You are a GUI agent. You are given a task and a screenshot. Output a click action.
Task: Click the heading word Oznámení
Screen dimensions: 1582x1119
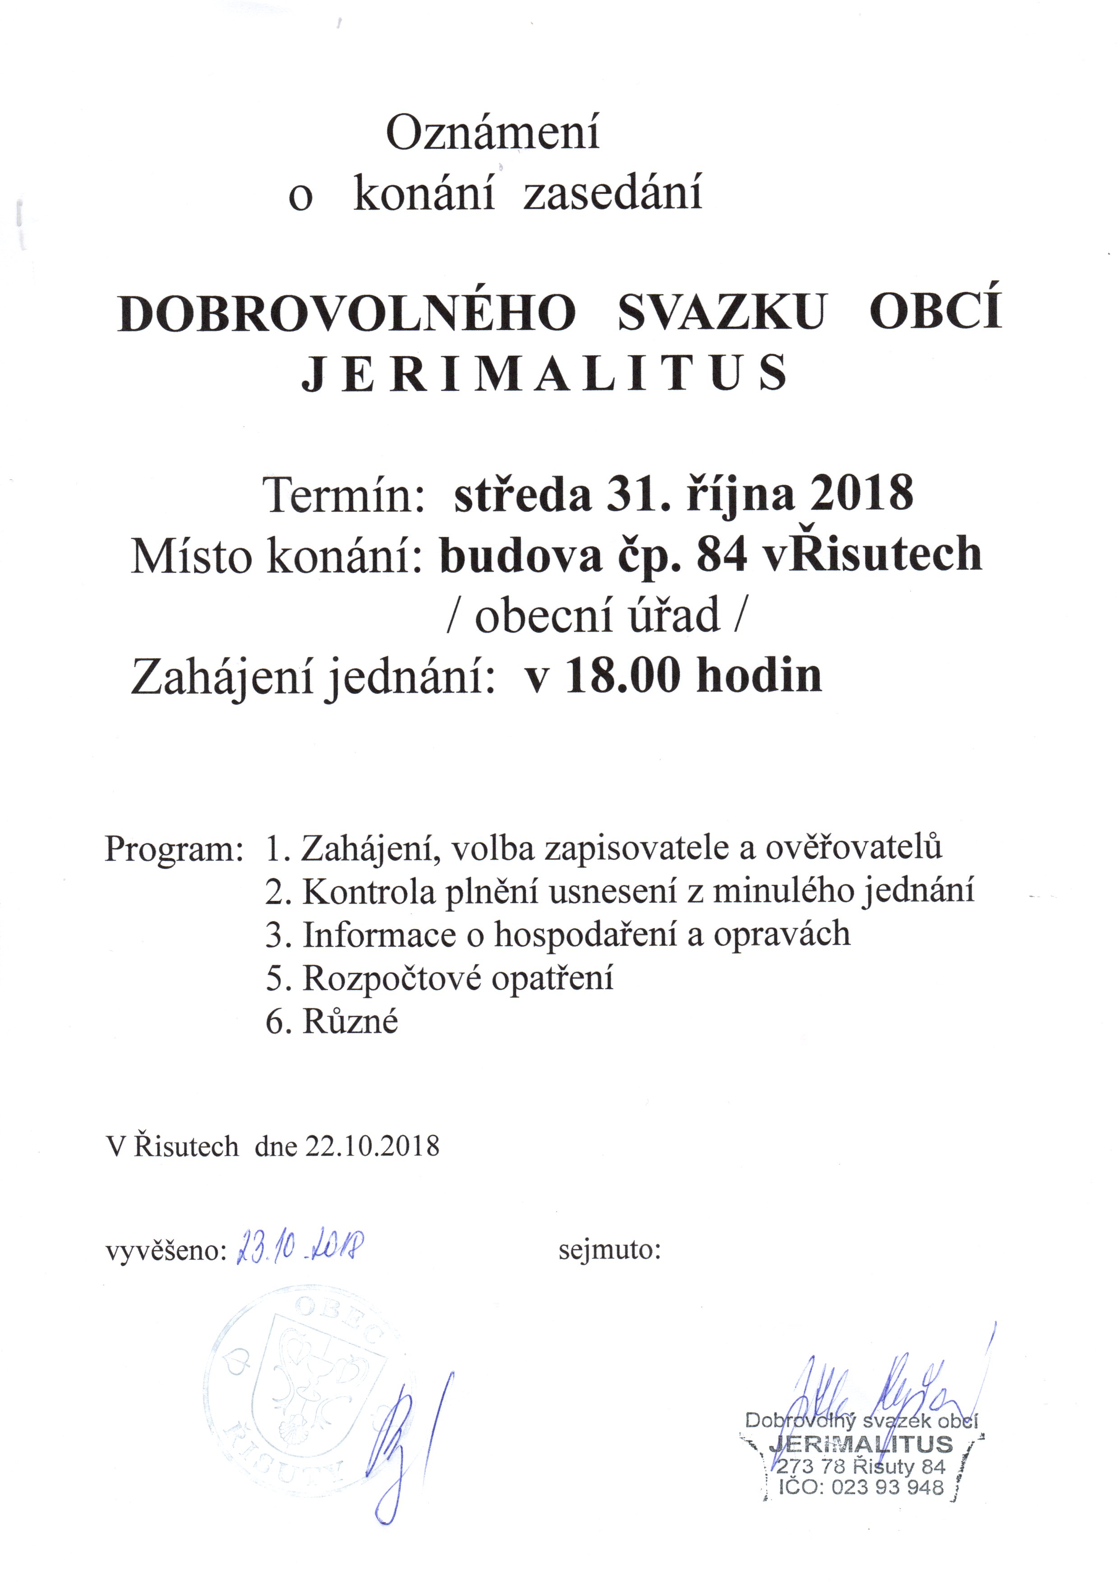(492, 133)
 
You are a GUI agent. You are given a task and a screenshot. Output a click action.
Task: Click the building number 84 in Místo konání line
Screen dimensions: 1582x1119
(721, 554)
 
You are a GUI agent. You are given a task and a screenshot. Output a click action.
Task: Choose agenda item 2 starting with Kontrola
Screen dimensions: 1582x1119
(620, 892)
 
